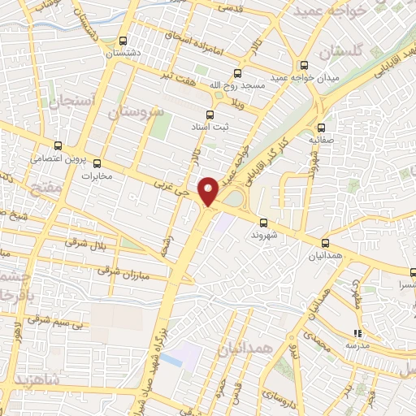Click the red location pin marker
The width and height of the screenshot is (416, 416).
coord(210,191)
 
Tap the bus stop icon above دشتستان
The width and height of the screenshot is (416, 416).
coord(123,41)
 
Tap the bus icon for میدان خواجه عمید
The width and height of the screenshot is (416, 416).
coord(305,66)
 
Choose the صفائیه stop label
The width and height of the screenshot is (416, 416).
coord(323,139)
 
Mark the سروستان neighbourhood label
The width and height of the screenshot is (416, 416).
coord(140,110)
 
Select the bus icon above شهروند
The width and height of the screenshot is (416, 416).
coord(263,223)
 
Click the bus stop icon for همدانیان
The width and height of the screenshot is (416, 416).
coord(326,243)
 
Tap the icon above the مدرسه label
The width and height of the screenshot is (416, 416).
coord(357,334)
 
